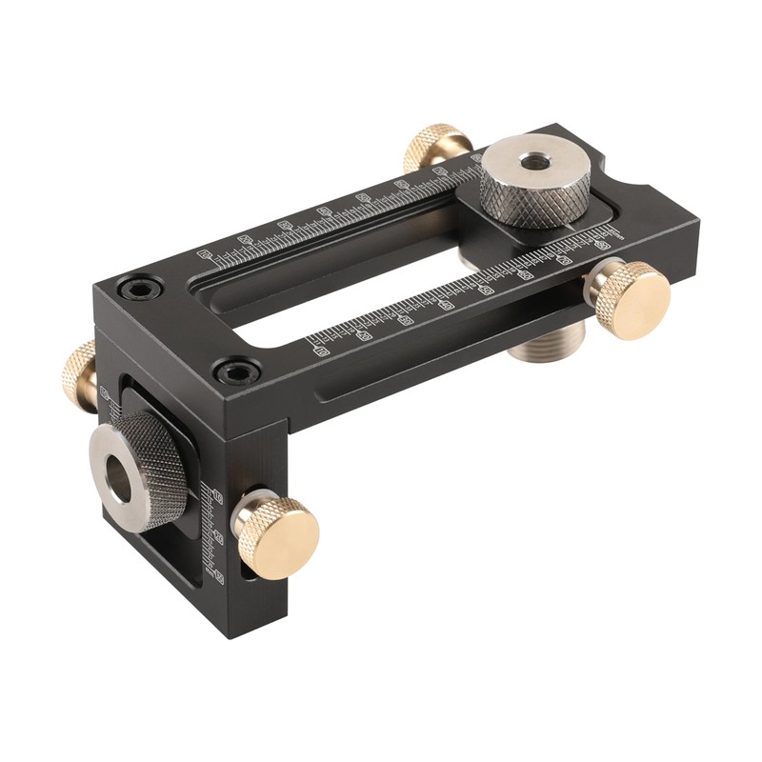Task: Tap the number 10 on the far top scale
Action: pos(203,255)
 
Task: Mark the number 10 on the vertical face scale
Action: pos(218,496)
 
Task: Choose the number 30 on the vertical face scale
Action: pos(219,574)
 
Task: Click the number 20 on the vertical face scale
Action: pos(219,537)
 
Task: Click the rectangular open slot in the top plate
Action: pos(352,295)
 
